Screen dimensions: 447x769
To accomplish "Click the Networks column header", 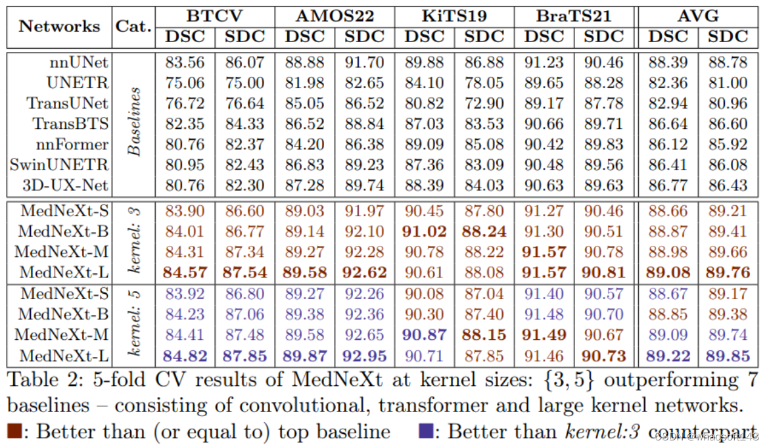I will tap(59, 26).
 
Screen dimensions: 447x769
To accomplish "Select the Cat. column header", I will tap(133, 26).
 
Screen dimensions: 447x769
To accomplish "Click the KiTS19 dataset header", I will tap(455, 14).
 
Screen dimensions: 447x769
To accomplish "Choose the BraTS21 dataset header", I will tap(574, 14).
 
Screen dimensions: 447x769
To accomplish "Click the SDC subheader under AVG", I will tap(728, 37).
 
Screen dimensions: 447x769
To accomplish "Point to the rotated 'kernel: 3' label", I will tap(134, 241).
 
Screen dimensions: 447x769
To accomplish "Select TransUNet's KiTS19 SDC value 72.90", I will tap(484, 103).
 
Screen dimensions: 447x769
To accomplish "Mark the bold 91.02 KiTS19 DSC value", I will tap(424, 231).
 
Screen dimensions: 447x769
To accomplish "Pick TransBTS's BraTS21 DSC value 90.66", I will tap(545, 124).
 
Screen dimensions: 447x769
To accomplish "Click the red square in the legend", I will tap(15, 431).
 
